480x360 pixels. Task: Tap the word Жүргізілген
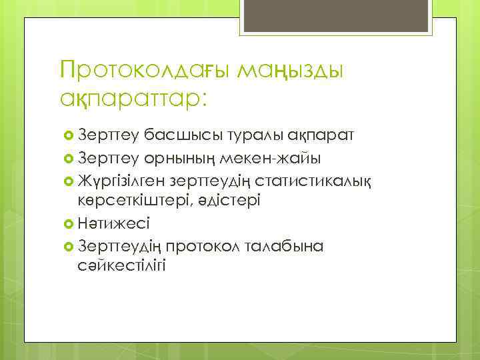121,179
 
